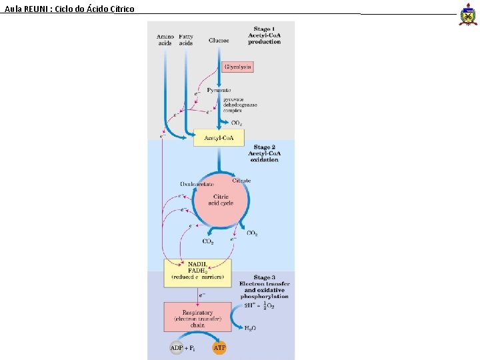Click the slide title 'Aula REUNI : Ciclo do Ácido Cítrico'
[69, 9]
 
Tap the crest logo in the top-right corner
[468, 14]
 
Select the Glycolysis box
[238, 67]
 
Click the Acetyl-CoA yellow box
[219, 138]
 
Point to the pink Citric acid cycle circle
[221, 200]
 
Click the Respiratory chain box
[197, 316]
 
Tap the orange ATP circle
[219, 348]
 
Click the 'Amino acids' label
[165, 40]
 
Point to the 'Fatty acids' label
[186, 40]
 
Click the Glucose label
[219, 41]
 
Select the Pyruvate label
[219, 89]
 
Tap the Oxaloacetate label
[197, 184]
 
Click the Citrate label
[241, 181]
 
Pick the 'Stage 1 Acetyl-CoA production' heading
[264, 35]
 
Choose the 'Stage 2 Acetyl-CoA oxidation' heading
[264, 153]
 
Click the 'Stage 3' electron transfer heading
[264, 287]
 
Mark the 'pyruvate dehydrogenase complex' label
[240, 105]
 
